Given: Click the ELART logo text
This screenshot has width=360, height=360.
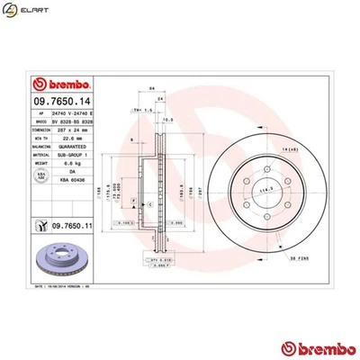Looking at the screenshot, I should coord(36,13).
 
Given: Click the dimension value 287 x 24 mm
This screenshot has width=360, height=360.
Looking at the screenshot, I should coord(67,130).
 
